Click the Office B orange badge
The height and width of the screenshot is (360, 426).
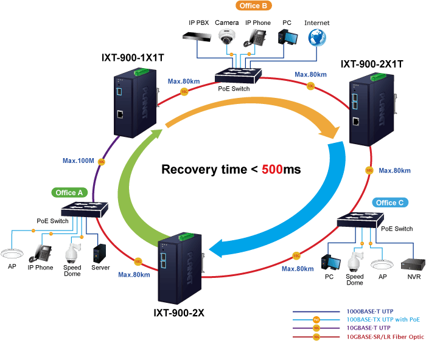pyautogui.click(x=254, y=5)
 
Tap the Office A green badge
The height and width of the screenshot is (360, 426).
pyautogui.click(x=69, y=193)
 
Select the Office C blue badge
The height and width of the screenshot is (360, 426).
pyautogui.click(x=390, y=202)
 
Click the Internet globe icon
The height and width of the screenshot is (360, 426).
pyautogui.click(x=317, y=38)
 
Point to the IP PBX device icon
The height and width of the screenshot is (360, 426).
pyautogui.click(x=197, y=36)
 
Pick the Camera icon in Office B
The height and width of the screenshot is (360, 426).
pyautogui.click(x=227, y=36)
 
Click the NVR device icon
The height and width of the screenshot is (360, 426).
pyautogui.click(x=413, y=264)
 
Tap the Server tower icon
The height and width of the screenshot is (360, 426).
pyautogui.click(x=99, y=254)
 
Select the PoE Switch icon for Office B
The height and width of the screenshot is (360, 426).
pyautogui.click(x=239, y=75)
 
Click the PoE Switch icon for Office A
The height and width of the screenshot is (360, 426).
pyautogui.click(x=85, y=209)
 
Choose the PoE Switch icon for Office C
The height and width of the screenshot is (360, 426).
pyautogui.click(x=360, y=220)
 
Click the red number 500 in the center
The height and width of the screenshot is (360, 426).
pyautogui.click(x=272, y=170)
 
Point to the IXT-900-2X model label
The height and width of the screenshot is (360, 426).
pyautogui.click(x=179, y=313)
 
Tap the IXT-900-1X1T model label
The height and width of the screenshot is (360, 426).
pyautogui.click(x=133, y=58)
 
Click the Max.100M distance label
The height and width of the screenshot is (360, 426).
pyautogui.click(x=79, y=161)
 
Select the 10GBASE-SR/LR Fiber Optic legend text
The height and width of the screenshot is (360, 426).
pyautogui.click(x=385, y=337)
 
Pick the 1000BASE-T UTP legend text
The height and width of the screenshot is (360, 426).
pyautogui.click(x=370, y=311)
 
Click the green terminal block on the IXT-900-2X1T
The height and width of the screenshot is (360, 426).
pyautogui.click(x=378, y=77)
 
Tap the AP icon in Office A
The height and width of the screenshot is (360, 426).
pyautogui.click(x=12, y=254)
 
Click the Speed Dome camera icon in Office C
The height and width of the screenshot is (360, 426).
pyautogui.click(x=355, y=261)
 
